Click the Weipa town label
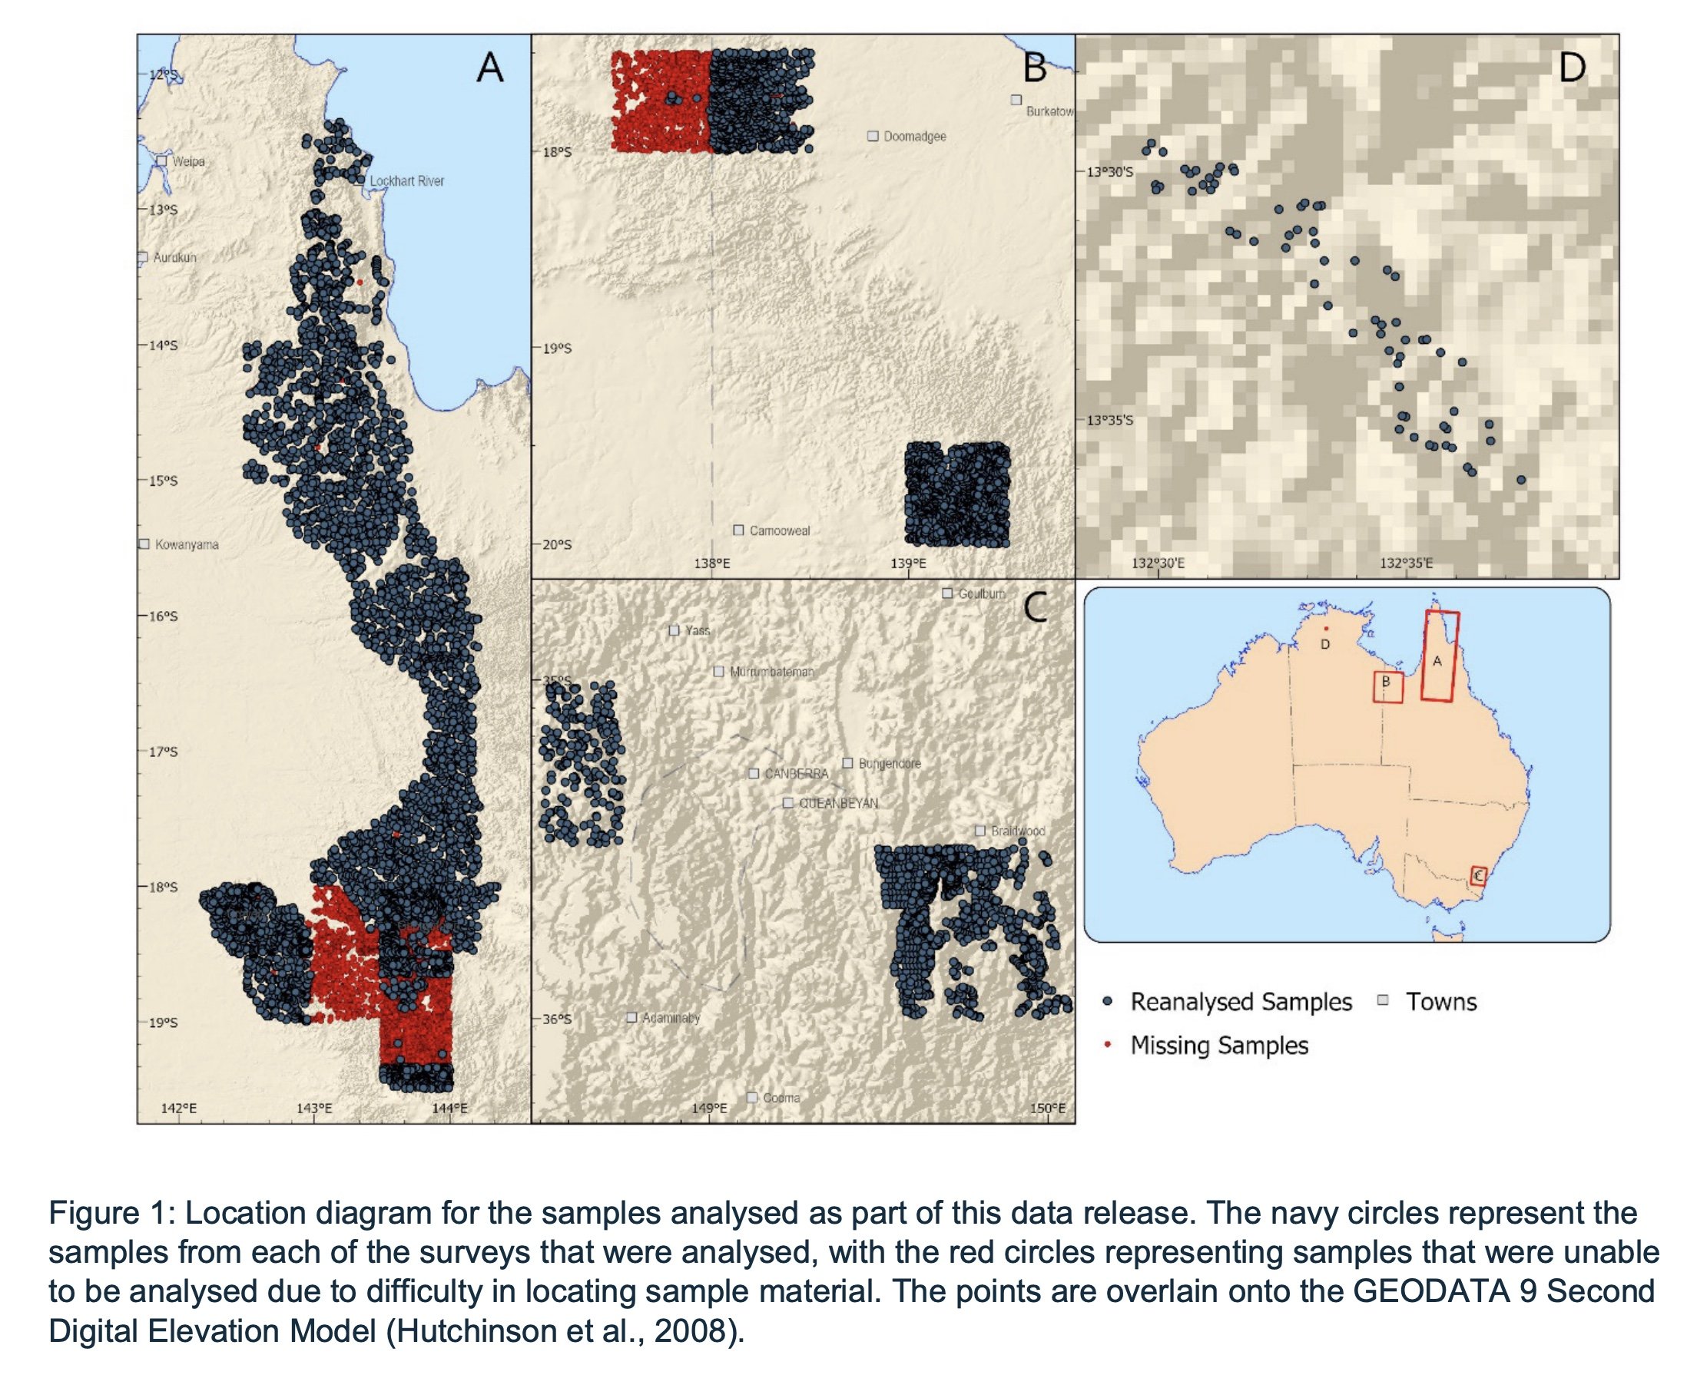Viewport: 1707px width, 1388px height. click(188, 161)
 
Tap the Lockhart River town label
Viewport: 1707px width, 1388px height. click(406, 181)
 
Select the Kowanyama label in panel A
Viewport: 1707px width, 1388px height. click(187, 544)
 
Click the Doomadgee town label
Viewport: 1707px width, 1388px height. click(914, 137)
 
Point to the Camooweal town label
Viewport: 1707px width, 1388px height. click(779, 531)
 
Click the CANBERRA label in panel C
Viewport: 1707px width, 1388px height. click(796, 774)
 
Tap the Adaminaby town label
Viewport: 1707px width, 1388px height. click(671, 1018)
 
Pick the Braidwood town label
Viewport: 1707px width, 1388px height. click(1017, 831)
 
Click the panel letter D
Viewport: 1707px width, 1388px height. click(1571, 68)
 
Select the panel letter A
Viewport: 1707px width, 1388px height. click(489, 68)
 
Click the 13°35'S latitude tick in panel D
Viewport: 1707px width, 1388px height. click(1109, 420)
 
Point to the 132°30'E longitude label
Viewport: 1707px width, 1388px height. click(1158, 563)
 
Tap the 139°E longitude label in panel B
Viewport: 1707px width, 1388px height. click(908, 563)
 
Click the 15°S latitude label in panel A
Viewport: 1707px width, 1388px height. click(162, 481)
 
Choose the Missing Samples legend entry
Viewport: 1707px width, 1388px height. click(1218, 1046)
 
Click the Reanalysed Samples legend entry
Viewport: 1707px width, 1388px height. click(1240, 1002)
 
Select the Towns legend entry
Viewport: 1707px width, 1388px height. click(1440, 1002)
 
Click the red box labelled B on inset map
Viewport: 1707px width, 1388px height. click(1388, 687)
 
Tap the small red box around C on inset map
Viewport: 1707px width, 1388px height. click(1478, 876)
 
